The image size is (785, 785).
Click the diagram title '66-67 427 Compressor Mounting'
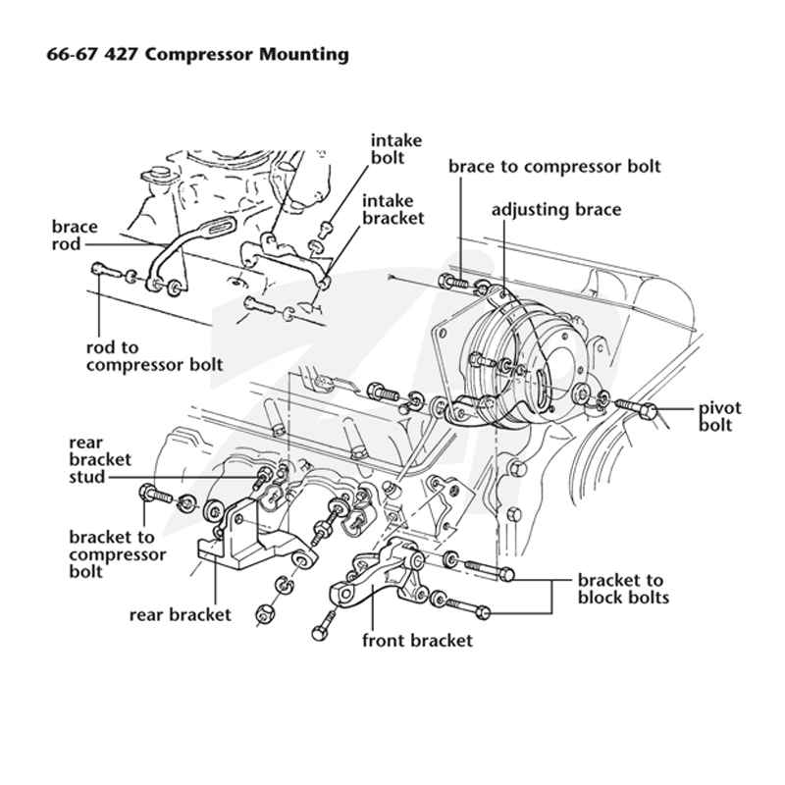click(x=198, y=54)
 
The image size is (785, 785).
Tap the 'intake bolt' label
click(x=396, y=149)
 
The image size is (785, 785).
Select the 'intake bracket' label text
click(x=393, y=209)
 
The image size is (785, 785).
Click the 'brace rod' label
click(x=75, y=235)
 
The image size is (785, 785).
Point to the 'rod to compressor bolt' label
click(x=154, y=356)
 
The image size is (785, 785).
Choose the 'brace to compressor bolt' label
click(x=554, y=166)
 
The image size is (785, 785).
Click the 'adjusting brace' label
click(x=555, y=209)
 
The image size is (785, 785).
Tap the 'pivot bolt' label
click(x=720, y=416)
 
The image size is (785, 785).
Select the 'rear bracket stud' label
click(x=100, y=459)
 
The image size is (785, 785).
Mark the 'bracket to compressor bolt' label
click(x=118, y=554)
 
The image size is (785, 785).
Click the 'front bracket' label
click(x=417, y=641)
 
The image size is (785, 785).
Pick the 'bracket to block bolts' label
click(x=623, y=589)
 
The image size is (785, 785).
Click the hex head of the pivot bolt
click(x=649, y=412)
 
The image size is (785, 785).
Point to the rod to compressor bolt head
click(x=97, y=269)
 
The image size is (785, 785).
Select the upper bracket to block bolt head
click(x=506, y=574)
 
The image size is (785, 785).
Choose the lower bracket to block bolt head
click(x=483, y=611)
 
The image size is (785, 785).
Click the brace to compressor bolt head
click(x=445, y=281)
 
